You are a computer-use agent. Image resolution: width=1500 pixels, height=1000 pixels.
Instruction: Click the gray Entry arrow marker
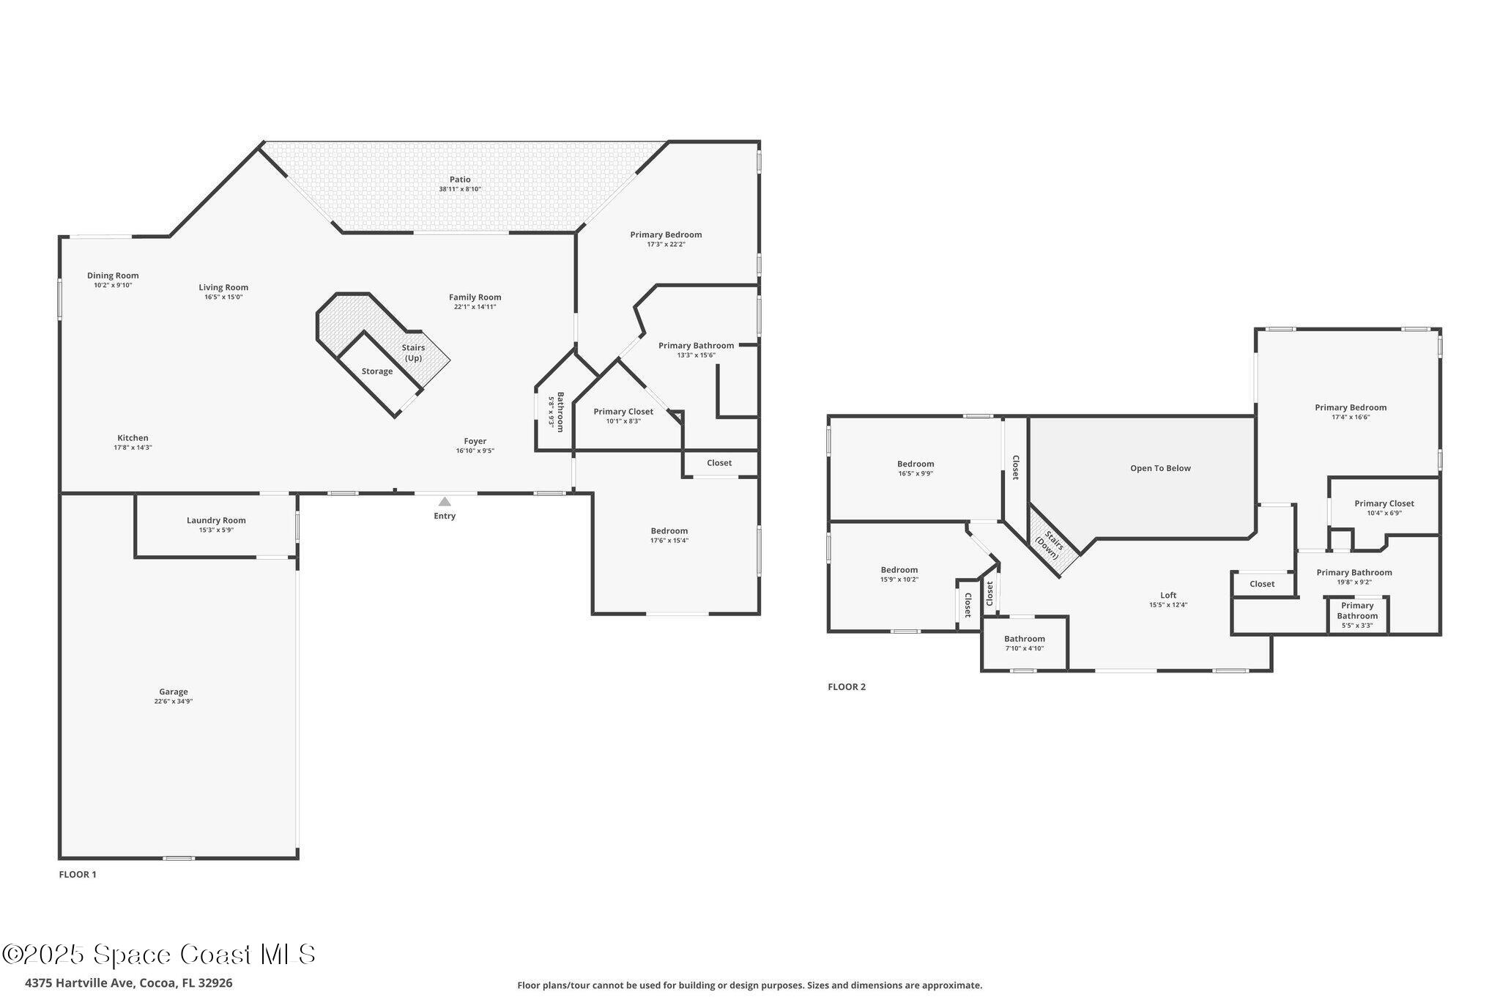(x=445, y=502)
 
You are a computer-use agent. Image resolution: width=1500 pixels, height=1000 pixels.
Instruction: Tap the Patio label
(x=460, y=179)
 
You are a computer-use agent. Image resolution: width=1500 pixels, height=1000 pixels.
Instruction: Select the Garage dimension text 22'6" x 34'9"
(x=174, y=702)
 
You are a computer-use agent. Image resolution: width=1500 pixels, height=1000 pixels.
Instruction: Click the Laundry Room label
(x=216, y=520)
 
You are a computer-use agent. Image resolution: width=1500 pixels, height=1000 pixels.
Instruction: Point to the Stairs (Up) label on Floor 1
(x=414, y=353)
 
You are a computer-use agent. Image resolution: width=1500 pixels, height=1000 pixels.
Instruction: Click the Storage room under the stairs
(x=377, y=371)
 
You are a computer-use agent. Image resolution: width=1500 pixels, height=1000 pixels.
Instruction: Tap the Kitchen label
(x=133, y=438)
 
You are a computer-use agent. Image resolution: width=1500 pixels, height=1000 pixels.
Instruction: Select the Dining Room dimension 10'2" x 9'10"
(x=113, y=286)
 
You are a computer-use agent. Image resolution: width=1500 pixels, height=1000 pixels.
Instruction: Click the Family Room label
(x=475, y=297)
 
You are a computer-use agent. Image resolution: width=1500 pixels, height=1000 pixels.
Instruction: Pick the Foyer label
(x=475, y=441)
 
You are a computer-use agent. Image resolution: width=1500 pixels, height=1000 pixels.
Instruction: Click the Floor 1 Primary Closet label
(x=623, y=412)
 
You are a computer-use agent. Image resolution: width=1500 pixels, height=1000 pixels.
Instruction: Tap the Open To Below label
(x=1160, y=468)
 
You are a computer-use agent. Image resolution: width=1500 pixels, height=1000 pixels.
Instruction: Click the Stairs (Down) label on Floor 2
(x=1051, y=545)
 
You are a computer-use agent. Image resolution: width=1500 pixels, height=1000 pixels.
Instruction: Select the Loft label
(x=1168, y=596)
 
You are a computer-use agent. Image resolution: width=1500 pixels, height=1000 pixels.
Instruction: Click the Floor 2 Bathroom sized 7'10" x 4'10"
(x=1024, y=643)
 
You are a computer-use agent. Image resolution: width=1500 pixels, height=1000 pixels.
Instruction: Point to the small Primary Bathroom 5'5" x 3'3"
(x=1357, y=615)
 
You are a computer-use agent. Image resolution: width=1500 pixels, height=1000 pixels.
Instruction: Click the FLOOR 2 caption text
(x=847, y=687)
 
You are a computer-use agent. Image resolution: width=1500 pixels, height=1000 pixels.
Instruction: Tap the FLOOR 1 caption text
(x=78, y=875)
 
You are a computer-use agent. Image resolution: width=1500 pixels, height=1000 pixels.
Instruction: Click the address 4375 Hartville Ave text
(x=129, y=983)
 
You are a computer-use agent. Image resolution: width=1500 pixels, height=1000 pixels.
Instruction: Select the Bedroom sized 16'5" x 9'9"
(x=916, y=468)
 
